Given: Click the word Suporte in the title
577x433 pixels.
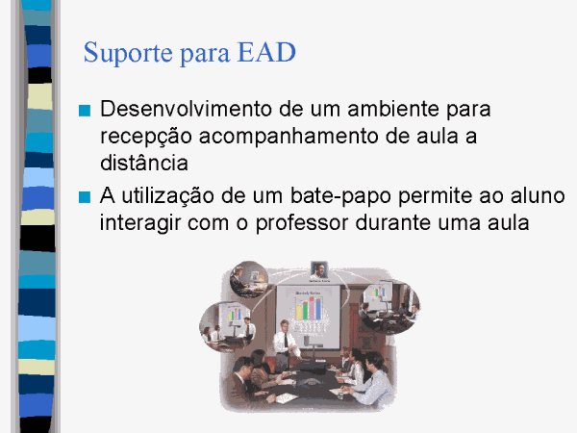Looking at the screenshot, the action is click(128, 53).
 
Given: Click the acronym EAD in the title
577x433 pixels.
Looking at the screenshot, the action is click(266, 52).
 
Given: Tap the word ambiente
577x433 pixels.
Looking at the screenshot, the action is click(393, 109).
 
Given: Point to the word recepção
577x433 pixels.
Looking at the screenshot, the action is click(146, 137).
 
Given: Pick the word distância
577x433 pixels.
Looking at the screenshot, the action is click(144, 163).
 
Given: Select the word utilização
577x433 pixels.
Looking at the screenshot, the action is click(167, 196).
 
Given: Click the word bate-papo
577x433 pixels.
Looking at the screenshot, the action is click(340, 196).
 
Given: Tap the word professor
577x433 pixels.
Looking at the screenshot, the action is click(302, 223).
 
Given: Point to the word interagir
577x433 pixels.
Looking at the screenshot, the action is click(140, 223).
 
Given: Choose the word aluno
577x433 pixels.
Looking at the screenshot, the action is click(538, 195).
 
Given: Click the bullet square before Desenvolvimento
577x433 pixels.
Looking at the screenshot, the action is click(85, 111).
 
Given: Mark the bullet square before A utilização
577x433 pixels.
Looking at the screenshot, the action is click(85, 197).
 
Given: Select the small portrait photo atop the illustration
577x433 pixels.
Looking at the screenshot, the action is click(319, 270).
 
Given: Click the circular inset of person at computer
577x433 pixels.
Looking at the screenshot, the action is click(249, 279).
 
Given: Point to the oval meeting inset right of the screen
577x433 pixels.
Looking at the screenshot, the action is click(390, 307).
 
